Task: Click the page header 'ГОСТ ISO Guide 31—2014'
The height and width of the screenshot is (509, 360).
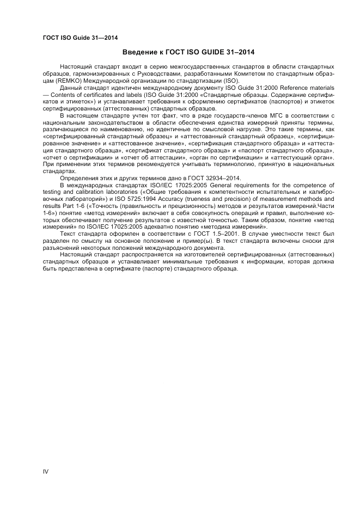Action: click(80, 38)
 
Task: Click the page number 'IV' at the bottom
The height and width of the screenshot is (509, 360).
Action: click(45, 471)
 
